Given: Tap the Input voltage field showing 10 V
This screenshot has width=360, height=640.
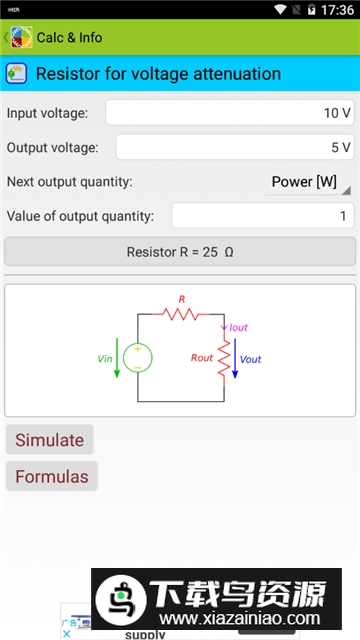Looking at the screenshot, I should point(230,113).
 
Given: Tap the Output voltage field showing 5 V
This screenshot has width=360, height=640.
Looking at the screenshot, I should point(235,147).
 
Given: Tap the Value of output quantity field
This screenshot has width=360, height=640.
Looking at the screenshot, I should point(263,215).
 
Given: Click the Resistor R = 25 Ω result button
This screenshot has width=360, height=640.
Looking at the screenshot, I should point(180,252).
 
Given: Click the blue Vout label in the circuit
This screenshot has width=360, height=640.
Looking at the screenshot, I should point(251,359).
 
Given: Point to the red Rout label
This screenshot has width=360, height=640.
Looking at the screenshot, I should point(202,357).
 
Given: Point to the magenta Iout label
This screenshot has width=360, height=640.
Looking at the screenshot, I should point(238,327).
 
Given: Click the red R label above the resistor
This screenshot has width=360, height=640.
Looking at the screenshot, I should point(182,299).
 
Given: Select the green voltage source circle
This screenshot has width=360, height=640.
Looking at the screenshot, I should point(138,357).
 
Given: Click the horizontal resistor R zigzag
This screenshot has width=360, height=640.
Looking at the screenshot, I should point(182,313).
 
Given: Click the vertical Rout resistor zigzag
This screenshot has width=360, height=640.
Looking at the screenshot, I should point(224,357).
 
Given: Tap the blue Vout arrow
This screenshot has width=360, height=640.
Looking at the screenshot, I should point(235,360).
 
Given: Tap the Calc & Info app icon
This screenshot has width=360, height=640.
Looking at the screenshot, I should point(21,38).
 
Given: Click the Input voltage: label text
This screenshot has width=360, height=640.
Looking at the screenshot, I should point(47,113).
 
